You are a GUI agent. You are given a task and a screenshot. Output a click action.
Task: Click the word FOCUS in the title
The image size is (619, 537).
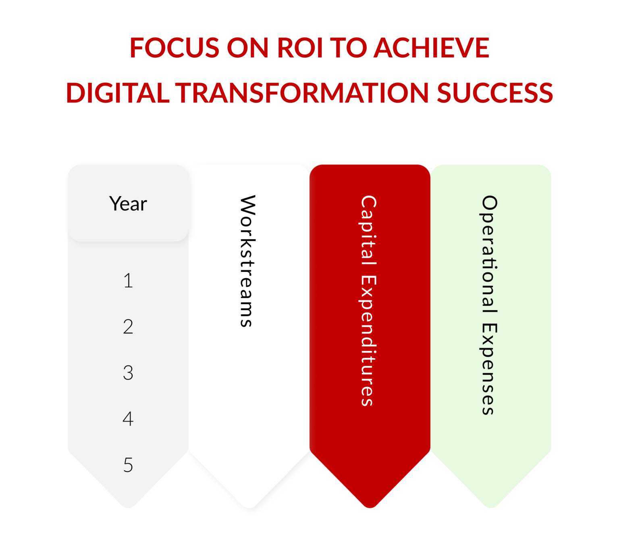pyautogui.click(x=174, y=48)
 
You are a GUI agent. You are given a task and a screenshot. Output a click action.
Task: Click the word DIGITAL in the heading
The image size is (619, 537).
pyautogui.click(x=117, y=93)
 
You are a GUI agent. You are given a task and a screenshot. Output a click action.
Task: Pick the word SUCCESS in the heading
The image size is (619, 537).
pyautogui.click(x=495, y=93)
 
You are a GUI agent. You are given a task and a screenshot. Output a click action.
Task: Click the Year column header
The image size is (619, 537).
pyautogui.click(x=128, y=204)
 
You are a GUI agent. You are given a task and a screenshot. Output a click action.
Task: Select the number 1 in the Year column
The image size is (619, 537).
pyautogui.click(x=128, y=281)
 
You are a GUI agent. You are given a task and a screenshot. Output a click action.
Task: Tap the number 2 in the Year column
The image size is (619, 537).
pyautogui.click(x=128, y=327)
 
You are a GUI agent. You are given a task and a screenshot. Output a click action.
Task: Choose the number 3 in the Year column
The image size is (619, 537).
pyautogui.click(x=128, y=373)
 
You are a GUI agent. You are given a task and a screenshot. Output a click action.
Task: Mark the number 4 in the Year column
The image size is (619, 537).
pyautogui.click(x=128, y=419)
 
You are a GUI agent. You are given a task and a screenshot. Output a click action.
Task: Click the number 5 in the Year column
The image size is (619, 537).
pyautogui.click(x=128, y=465)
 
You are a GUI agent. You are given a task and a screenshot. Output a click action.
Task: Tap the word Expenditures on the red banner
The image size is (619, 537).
pyautogui.click(x=368, y=341)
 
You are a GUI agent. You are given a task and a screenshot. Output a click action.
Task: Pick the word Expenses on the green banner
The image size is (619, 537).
pyautogui.click(x=490, y=369)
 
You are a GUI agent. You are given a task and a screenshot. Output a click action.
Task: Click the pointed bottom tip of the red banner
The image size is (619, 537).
pyautogui.click(x=370, y=504)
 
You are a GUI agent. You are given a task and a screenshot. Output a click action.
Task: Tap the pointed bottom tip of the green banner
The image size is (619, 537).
pyautogui.click(x=491, y=504)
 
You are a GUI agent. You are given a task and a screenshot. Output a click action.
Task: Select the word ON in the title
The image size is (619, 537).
pyautogui.click(x=247, y=48)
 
